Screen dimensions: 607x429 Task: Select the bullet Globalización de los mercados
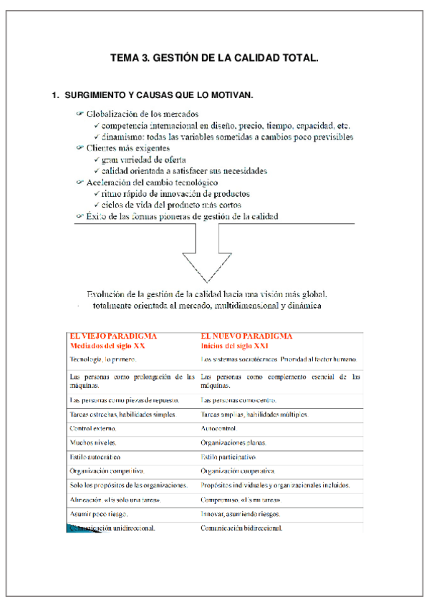point(142,114)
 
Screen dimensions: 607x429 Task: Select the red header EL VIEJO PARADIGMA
point(113,336)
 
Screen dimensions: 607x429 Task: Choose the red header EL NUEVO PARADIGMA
point(246,336)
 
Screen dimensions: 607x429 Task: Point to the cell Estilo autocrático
point(95,457)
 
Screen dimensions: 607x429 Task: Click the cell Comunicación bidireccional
point(241,528)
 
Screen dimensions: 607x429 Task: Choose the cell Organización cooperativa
point(238,471)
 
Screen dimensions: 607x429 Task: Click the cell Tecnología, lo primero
point(102,359)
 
